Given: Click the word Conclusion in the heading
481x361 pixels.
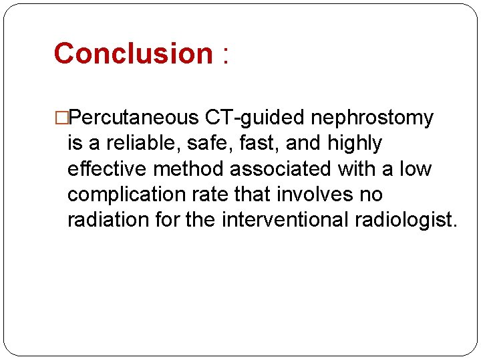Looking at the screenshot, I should click(133, 53).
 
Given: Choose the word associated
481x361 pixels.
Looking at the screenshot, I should click(285, 169).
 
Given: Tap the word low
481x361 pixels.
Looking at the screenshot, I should click(415, 169).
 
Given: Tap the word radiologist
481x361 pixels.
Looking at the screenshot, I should click(408, 220).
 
